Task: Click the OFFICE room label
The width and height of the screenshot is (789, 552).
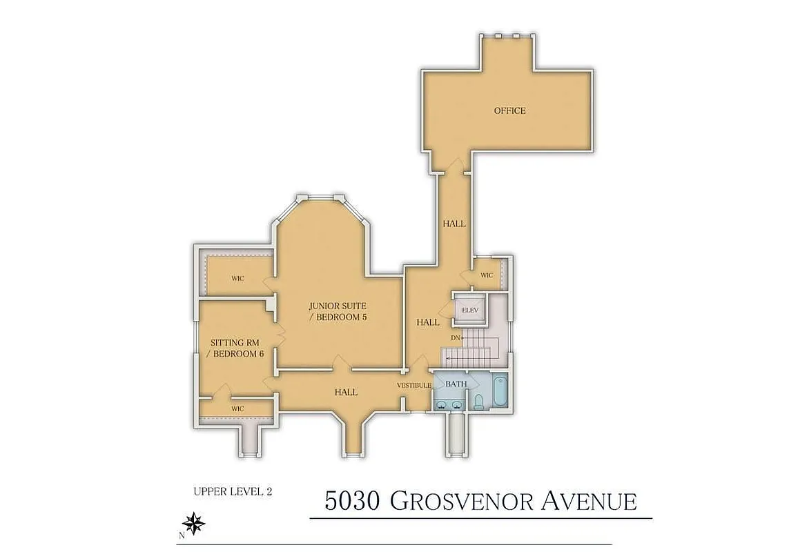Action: (x=509, y=110)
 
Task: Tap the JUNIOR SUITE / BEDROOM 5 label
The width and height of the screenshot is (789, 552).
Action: (x=337, y=310)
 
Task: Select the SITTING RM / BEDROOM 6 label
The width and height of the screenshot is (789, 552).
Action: (x=237, y=348)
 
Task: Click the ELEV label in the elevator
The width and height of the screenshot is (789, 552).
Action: (x=470, y=310)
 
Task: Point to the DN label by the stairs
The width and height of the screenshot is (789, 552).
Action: (x=456, y=337)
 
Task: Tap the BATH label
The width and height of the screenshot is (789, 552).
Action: (x=456, y=384)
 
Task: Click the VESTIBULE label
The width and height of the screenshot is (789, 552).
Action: (x=414, y=385)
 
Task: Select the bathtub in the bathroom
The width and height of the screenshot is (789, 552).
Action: (x=500, y=392)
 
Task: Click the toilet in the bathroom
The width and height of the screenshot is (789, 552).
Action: (x=478, y=400)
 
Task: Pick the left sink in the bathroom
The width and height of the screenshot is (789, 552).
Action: (x=440, y=403)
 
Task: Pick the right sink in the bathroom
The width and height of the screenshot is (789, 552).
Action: (x=457, y=403)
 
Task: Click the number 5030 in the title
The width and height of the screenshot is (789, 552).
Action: (x=353, y=501)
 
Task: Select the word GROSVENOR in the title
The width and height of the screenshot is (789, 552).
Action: (x=458, y=501)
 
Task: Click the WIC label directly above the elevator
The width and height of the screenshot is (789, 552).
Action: (x=487, y=275)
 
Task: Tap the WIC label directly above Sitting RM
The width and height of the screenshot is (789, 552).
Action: (x=237, y=279)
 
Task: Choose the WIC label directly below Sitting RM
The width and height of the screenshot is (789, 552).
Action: (x=237, y=408)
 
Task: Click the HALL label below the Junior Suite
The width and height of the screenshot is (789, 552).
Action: (x=346, y=392)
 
